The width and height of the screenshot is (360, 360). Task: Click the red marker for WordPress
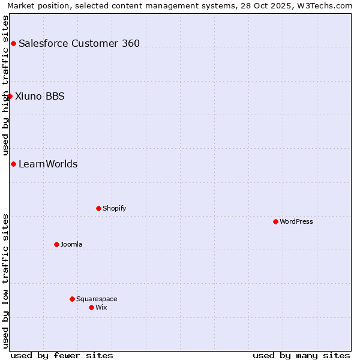[275, 221]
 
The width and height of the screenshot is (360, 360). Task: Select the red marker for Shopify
[98, 208]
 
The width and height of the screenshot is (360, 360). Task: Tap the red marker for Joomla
[56, 244]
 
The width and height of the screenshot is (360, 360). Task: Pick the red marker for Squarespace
[72, 299]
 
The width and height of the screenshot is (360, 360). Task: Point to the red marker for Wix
[91, 307]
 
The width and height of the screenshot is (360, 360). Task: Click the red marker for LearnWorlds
[13, 164]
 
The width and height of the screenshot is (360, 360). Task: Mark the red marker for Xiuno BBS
[10, 96]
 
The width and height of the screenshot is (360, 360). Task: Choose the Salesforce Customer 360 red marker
[13, 43]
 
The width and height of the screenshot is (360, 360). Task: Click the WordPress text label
[296, 221]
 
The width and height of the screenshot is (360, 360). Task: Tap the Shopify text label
[114, 208]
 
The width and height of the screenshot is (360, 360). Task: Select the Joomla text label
[71, 244]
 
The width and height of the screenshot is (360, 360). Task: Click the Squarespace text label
[97, 299]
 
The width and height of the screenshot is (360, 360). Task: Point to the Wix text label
[101, 307]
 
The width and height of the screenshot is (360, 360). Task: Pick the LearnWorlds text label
[48, 164]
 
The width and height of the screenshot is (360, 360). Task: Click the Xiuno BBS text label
[40, 96]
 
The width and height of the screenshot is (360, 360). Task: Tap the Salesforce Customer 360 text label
[79, 43]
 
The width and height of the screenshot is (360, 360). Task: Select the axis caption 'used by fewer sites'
[62, 355]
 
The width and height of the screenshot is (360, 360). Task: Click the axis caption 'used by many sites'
[301, 355]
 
